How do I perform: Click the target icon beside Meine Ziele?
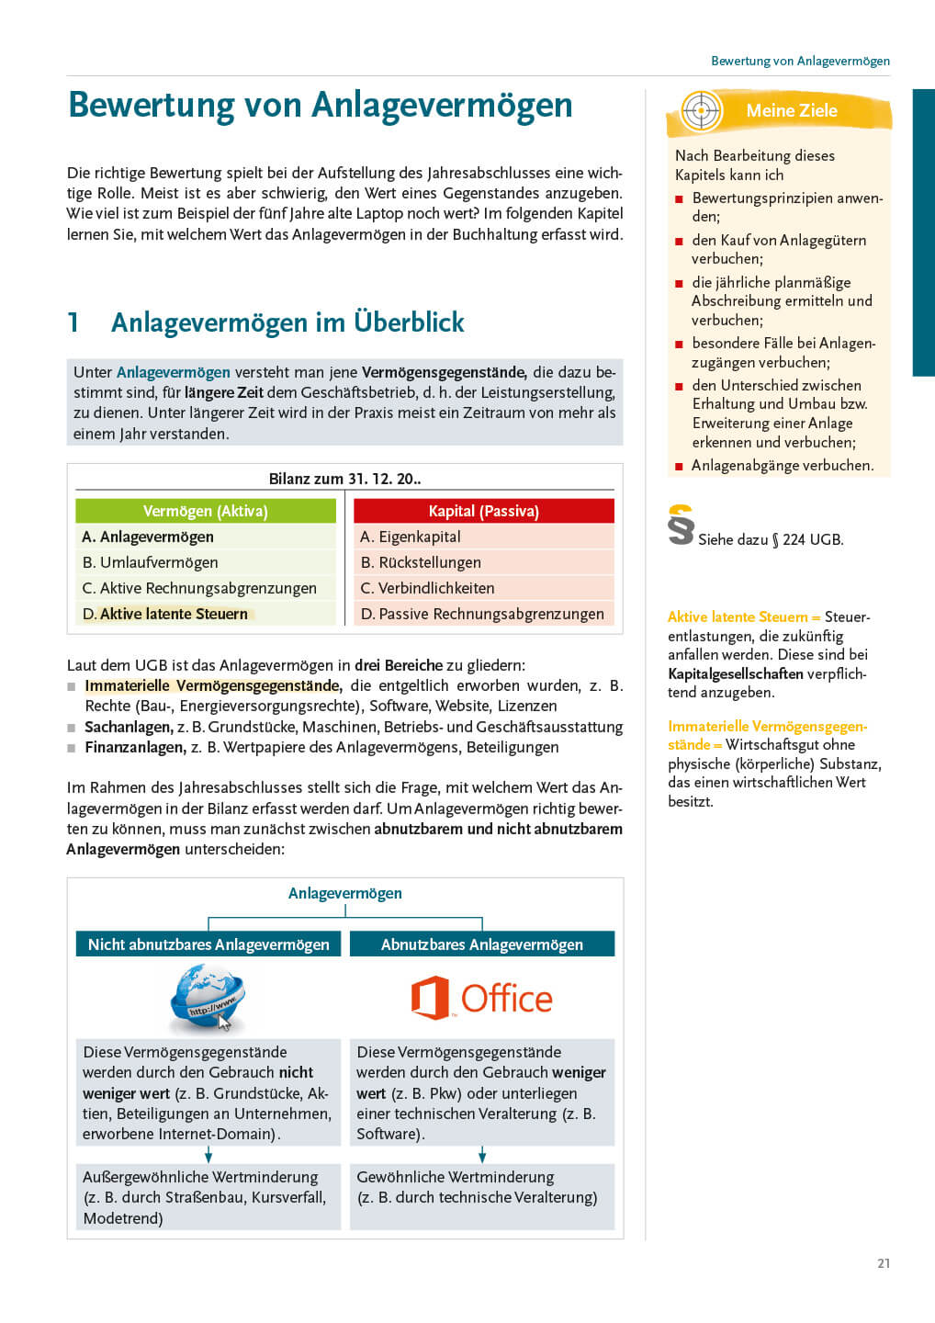[701, 111]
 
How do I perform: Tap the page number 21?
[884, 1263]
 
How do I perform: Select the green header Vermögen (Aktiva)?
[206, 511]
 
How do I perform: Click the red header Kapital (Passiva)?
[484, 511]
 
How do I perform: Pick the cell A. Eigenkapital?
[483, 537]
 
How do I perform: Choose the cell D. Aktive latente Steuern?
[206, 614]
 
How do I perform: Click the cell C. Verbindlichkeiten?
[483, 588]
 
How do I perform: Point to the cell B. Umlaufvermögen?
[206, 562]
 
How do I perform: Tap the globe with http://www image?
[208, 999]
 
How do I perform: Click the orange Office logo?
[482, 999]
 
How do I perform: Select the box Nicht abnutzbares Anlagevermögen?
[208, 944]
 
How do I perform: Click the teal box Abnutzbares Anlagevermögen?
[482, 944]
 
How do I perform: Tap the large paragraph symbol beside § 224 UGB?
[681, 526]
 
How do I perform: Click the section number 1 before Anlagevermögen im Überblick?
[73, 322]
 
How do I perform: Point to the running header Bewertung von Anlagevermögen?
[800, 61]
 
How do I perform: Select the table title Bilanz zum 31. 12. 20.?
[344, 479]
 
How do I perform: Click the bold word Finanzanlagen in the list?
[135, 748]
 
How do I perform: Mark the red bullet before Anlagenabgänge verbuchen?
[680, 467]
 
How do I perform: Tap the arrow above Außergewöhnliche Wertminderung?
[208, 1154]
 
